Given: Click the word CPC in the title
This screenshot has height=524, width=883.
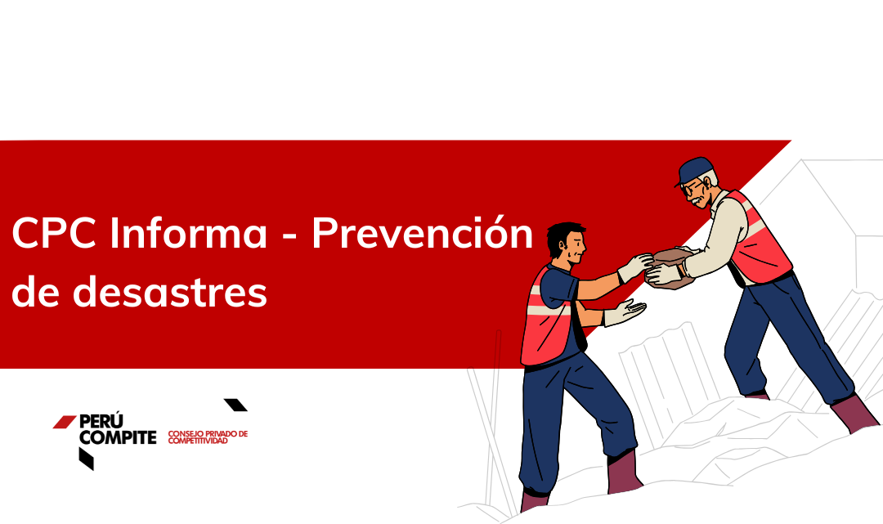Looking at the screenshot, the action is pyautogui.click(x=54, y=232).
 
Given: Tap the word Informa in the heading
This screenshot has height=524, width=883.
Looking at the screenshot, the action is pyautogui.click(x=189, y=232).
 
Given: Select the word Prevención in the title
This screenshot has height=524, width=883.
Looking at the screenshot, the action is pyautogui.click(x=423, y=232).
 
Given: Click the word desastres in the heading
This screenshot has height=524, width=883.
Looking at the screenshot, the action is pyautogui.click(x=169, y=292).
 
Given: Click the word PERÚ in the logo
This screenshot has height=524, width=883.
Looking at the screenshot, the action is pyautogui.click(x=101, y=422).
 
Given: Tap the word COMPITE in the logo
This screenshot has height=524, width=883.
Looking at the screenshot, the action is pyautogui.click(x=119, y=437).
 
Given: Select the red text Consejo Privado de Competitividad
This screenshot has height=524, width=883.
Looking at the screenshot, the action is pyautogui.click(x=208, y=437).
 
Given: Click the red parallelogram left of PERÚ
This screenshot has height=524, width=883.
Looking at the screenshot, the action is pyautogui.click(x=65, y=422).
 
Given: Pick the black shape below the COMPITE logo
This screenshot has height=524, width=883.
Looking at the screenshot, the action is pyautogui.click(x=86, y=458).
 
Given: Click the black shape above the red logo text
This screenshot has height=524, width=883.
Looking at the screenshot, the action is pyautogui.click(x=236, y=405).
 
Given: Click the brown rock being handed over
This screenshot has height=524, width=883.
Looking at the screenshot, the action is pyautogui.click(x=670, y=266).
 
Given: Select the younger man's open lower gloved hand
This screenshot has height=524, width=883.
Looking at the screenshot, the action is pyautogui.click(x=625, y=311).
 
